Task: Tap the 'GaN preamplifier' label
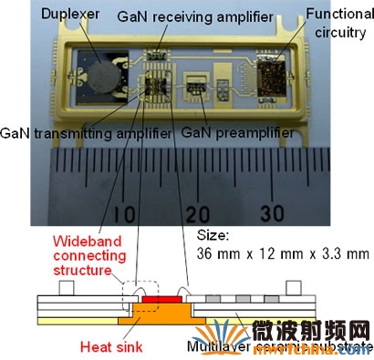pos(226,134)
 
